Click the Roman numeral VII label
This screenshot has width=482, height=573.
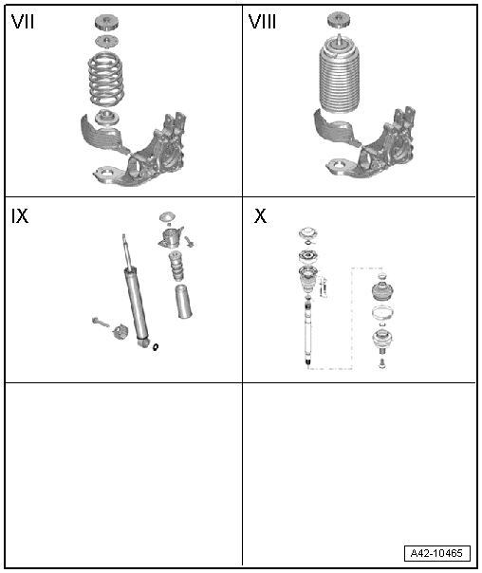point(23,22)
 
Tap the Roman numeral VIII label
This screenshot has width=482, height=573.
point(262,22)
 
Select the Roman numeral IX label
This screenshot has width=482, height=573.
point(20,216)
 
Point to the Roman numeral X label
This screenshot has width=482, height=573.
point(260,216)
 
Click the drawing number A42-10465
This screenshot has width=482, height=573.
point(436,553)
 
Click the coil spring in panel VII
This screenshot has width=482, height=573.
point(105,80)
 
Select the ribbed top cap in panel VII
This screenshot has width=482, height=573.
point(106,23)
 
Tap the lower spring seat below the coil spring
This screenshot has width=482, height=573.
point(106,118)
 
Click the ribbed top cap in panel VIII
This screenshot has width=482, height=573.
point(338,19)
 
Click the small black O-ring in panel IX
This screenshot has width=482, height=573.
point(156,346)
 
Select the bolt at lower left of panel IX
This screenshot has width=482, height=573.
point(101,322)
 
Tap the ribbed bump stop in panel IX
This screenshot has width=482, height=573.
point(176,267)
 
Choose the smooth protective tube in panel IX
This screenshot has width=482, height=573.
point(184,301)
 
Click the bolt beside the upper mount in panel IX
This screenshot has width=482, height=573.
point(190,241)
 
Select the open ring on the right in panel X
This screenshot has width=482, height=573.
point(382,313)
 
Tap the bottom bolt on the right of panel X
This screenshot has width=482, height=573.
point(382,364)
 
